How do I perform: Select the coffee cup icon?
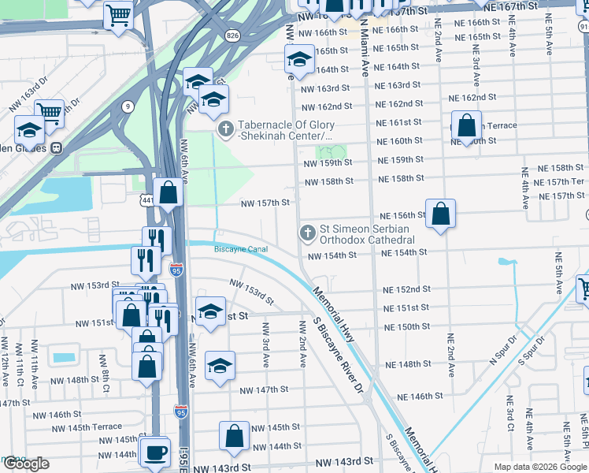154,453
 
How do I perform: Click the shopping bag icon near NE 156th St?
442,213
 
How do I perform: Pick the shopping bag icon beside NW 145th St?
235,434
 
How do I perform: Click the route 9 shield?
128,106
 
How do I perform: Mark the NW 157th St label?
265,203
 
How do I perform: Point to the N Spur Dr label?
501,348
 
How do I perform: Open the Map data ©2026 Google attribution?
539,467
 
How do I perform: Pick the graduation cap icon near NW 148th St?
220,365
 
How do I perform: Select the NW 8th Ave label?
103,369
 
